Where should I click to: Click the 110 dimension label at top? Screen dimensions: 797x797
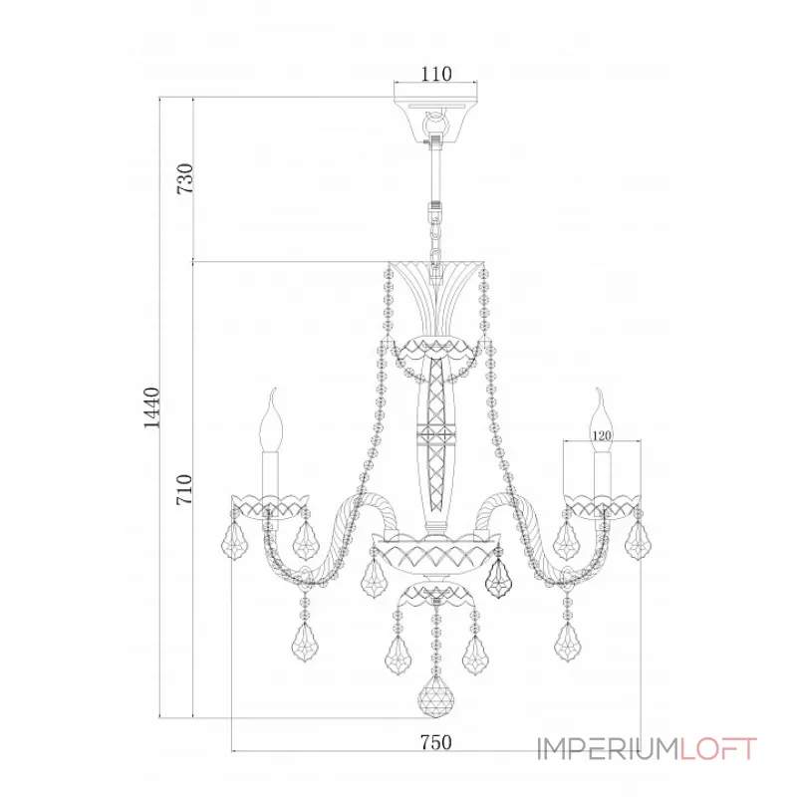click(436, 74)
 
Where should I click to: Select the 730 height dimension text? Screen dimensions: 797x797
click(185, 178)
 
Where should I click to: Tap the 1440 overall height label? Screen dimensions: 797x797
click(151, 407)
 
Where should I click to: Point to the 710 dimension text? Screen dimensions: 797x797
click(184, 489)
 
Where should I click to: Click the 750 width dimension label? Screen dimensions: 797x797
click(436, 742)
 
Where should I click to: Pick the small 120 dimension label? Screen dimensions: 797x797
click(602, 435)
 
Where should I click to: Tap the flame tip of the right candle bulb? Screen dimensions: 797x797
click(598, 391)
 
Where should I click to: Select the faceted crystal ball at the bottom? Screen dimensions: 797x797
click(435, 695)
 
